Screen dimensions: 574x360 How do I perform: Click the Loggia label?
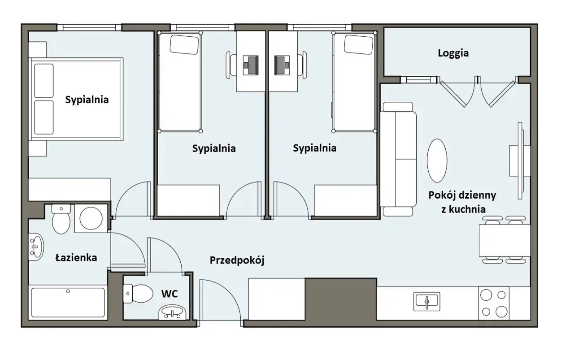[453, 53]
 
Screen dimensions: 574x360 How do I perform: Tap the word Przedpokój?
[237, 260]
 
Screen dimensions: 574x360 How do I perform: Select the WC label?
[170, 294]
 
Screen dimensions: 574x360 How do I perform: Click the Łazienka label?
[76, 257]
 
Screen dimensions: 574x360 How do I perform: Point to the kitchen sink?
[426, 302]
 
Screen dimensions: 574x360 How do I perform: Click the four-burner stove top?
[494, 304]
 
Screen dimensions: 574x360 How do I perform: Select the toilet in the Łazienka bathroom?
[61, 219]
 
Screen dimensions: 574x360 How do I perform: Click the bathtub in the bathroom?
[68, 302]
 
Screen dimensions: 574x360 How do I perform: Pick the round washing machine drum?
[91, 219]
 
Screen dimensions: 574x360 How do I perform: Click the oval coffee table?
[437, 160]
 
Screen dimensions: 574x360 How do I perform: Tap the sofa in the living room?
[398, 159]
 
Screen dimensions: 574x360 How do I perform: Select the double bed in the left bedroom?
[76, 99]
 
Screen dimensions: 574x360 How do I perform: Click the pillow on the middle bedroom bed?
[184, 44]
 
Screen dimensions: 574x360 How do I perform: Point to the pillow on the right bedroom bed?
[358, 44]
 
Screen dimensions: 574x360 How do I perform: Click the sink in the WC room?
[173, 312]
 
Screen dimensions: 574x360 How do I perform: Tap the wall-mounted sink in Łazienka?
[36, 247]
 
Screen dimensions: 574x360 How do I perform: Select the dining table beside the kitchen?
[504, 240]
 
